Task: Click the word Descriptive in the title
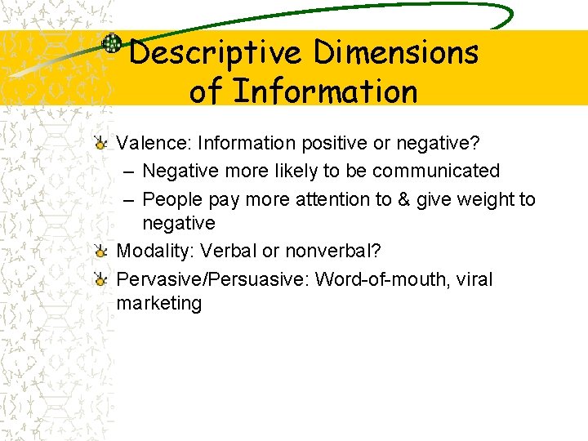pyautogui.click(x=216, y=54)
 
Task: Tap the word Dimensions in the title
pyautogui.click(x=396, y=54)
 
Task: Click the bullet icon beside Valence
pyautogui.click(x=100, y=145)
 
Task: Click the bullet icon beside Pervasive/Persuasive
pyautogui.click(x=100, y=280)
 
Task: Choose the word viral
pyautogui.click(x=474, y=279)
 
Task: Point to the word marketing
pyautogui.click(x=158, y=303)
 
